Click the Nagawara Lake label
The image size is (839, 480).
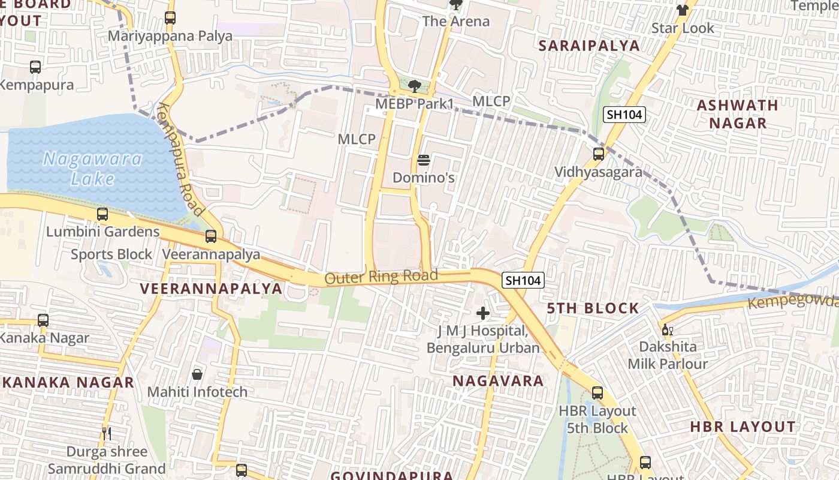(x=93, y=169)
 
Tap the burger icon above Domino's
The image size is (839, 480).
(x=423, y=160)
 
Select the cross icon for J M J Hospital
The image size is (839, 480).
(x=483, y=313)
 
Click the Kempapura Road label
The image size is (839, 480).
(x=180, y=159)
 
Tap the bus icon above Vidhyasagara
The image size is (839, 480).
(x=598, y=154)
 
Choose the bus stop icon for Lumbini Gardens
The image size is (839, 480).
(x=102, y=214)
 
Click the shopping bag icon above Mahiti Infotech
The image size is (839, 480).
(x=197, y=375)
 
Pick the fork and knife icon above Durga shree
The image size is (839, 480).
(x=107, y=433)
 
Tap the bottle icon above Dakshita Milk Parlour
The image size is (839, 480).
(x=667, y=329)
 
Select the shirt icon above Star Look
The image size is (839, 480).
(x=683, y=10)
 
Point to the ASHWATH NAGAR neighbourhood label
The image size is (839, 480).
(x=738, y=114)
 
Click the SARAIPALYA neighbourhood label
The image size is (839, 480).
(x=588, y=46)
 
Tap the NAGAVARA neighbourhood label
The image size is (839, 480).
(x=498, y=381)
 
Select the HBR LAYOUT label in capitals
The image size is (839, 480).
(x=743, y=427)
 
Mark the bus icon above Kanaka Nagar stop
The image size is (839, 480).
(x=43, y=320)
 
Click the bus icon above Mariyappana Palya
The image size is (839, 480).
(x=170, y=18)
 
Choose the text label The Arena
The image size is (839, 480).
(x=455, y=22)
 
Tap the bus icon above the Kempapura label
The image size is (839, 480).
(x=35, y=67)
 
